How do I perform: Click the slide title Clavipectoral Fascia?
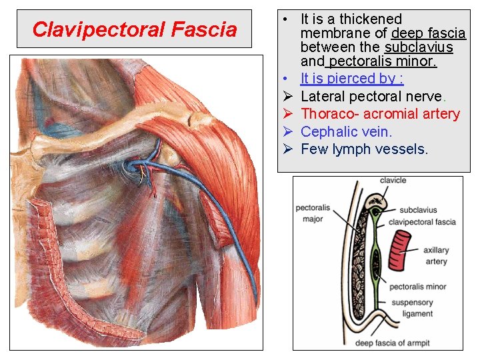(x=134, y=29)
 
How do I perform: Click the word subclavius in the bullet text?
(x=419, y=47)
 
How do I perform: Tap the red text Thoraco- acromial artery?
(x=380, y=114)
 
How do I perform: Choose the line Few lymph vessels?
(x=364, y=149)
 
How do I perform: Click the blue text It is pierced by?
(x=351, y=79)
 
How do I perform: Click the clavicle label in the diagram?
(x=393, y=181)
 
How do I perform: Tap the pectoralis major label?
(x=309, y=213)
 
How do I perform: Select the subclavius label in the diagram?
(x=418, y=210)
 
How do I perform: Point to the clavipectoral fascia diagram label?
(x=422, y=221)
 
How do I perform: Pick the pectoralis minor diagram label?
(x=418, y=287)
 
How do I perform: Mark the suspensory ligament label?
(x=412, y=308)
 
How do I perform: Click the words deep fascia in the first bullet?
(x=429, y=33)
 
